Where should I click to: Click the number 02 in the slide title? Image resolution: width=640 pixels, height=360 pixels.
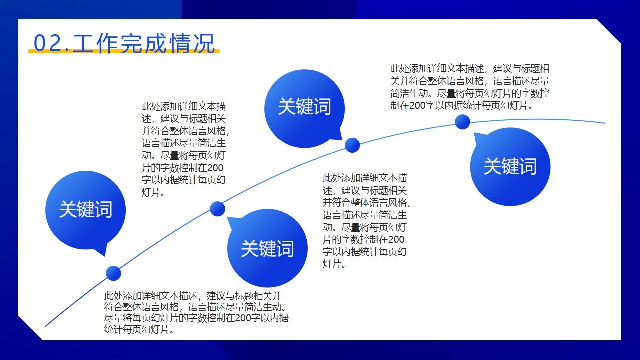pos(47,43)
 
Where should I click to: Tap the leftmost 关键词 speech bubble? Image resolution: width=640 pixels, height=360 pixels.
pos(85,209)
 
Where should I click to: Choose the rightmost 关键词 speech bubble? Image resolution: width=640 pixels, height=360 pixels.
pos(510,166)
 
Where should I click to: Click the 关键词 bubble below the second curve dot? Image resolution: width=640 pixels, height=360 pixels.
pos(267,248)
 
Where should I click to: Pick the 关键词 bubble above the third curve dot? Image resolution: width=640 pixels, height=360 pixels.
pos(304,107)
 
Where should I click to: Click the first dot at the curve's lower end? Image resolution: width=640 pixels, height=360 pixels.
pos(113,273)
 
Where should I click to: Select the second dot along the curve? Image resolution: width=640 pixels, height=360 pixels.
pos(217,209)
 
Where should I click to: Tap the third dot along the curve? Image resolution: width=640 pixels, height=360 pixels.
pos(352,145)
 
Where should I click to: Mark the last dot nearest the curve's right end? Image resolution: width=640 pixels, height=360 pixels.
pos(462,122)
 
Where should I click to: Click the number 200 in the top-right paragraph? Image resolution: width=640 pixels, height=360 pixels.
pos(417,105)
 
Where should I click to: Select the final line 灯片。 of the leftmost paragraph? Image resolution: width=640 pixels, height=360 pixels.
pos(153,192)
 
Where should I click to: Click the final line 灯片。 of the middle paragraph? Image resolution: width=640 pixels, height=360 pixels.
pos(334,264)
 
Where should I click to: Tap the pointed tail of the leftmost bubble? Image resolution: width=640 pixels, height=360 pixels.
pos(102,249)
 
